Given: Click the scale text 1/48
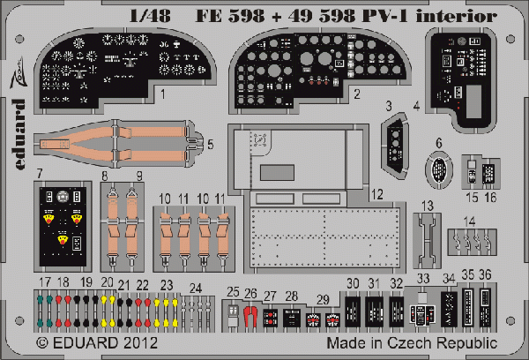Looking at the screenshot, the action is click(x=150, y=16).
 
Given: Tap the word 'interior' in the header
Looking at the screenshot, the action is click(x=456, y=16).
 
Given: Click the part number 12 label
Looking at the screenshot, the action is click(x=377, y=194).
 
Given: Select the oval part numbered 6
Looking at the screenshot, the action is click(x=438, y=169).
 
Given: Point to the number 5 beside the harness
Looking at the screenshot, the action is click(x=210, y=145).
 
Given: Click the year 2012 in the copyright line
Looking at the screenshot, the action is click(x=141, y=343).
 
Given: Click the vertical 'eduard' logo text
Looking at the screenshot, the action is click(x=19, y=134).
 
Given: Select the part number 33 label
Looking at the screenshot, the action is click(x=423, y=279).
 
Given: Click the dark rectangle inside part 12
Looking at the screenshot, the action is click(x=277, y=172).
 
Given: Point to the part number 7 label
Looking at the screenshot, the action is click(x=40, y=174).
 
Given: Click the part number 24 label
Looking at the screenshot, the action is click(x=196, y=289).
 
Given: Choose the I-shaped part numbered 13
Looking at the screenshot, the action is click(x=427, y=241).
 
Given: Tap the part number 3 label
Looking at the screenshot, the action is click(x=389, y=106).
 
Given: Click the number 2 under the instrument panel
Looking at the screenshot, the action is click(x=357, y=94).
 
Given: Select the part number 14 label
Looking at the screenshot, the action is click(x=469, y=221).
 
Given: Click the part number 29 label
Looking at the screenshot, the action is click(x=323, y=299).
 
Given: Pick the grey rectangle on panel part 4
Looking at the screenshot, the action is click(x=473, y=101).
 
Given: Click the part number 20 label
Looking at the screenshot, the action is click(x=107, y=282).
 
